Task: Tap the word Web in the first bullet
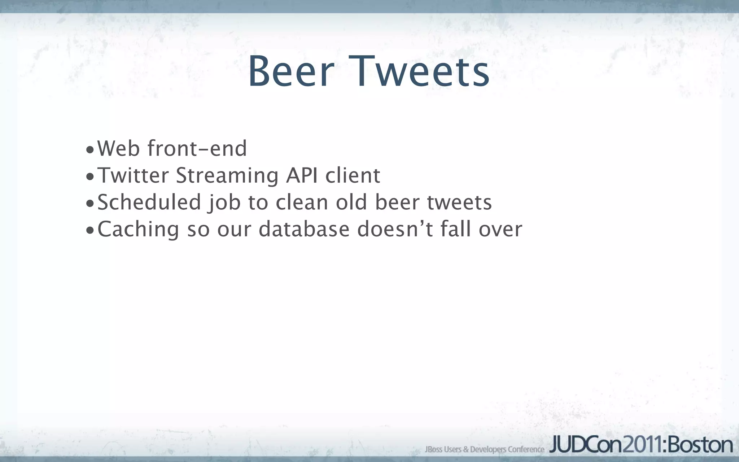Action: click(x=118, y=148)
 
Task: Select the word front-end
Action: click(x=197, y=148)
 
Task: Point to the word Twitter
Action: click(x=133, y=175)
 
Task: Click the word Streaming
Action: click(x=227, y=176)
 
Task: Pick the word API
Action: click(x=302, y=175)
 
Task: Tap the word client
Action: click(x=353, y=175)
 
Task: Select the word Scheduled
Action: click(x=149, y=202)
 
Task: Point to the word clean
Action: click(x=302, y=202)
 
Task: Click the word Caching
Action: click(x=138, y=230)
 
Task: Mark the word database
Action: click(x=304, y=229)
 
